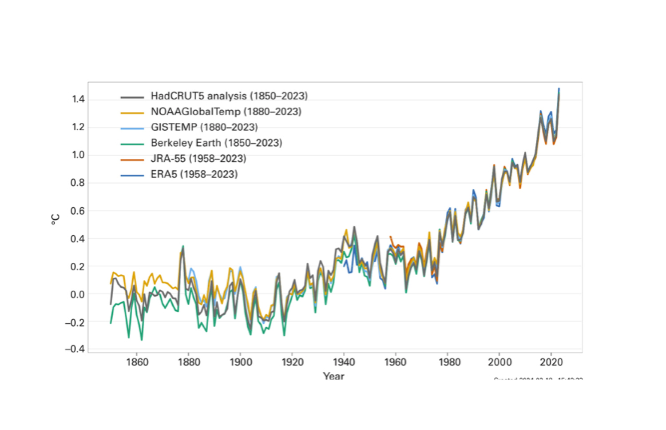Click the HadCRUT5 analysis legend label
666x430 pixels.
click(229, 96)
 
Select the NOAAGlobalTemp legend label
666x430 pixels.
click(226, 112)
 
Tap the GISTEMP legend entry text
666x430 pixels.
click(204, 127)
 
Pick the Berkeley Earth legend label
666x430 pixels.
click(216, 143)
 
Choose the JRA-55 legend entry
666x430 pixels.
click(198, 158)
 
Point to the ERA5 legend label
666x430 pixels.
click(194, 174)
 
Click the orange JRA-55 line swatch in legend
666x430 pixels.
click(132, 159)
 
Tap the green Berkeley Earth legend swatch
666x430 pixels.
click(132, 144)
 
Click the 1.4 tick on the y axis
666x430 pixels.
click(78, 99)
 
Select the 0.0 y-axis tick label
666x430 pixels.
click(78, 294)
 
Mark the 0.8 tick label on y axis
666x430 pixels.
click(78, 183)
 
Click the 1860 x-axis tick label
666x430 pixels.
click(137, 362)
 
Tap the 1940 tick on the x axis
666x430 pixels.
click(344, 362)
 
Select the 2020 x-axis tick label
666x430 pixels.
click(551, 362)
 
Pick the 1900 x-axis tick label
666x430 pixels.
click(241, 362)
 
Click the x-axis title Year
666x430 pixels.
click(333, 376)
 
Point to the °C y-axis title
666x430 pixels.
click(55, 219)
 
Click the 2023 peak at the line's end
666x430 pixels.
click(559, 89)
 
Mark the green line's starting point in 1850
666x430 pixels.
click(111, 323)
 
